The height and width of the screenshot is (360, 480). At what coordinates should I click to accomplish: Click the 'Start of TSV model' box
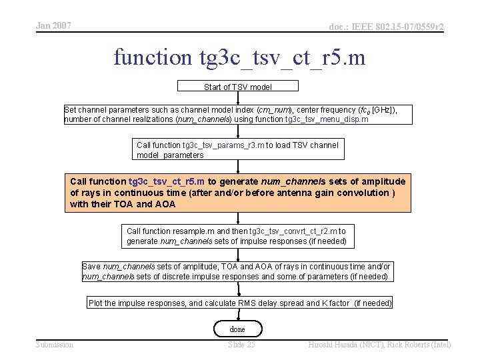click(237, 87)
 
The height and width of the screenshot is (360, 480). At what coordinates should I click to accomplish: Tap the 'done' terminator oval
click(237, 329)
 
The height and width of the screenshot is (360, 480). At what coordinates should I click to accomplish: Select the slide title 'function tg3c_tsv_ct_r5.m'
click(239, 57)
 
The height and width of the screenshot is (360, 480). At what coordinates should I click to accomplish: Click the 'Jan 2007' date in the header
click(53, 26)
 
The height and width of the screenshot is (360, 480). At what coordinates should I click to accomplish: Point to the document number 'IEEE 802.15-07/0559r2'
click(386, 27)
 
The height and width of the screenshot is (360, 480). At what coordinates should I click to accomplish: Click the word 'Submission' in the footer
click(55, 345)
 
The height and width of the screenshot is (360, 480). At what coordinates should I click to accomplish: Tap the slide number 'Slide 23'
click(241, 345)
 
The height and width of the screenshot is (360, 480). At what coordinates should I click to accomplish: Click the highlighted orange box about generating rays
click(239, 193)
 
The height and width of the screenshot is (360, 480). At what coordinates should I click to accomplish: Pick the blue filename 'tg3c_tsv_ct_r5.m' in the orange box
click(167, 181)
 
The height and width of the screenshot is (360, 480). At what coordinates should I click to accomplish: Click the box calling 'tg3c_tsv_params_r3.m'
click(238, 150)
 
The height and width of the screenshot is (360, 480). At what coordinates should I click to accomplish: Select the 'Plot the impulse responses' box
click(240, 303)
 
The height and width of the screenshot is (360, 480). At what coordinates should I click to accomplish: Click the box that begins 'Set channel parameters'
click(239, 115)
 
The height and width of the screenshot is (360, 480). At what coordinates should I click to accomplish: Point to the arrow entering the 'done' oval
click(238, 315)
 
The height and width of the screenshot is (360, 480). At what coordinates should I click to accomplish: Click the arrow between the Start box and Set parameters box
click(238, 98)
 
